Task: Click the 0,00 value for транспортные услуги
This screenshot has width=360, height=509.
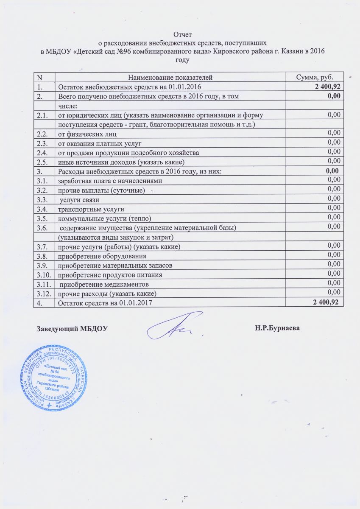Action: coord(334,207)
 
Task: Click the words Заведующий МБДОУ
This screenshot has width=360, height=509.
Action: coord(73,328)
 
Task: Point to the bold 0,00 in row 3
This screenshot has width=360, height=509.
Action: coord(331,171)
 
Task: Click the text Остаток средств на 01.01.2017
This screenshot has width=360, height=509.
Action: coord(105,303)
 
